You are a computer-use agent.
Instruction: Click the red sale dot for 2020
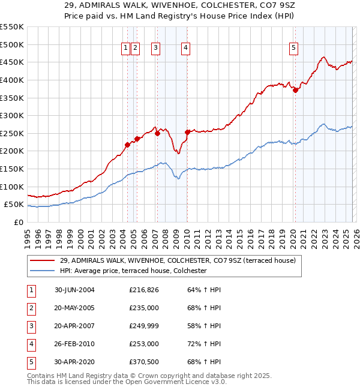click(295, 91)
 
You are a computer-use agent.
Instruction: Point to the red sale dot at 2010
click(187, 132)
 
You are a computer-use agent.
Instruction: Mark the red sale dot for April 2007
click(157, 134)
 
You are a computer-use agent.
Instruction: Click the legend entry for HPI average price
click(133, 271)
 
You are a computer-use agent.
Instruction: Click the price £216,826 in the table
click(144, 290)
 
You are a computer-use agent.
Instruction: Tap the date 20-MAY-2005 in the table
click(74, 308)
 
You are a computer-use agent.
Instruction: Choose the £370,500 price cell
click(144, 362)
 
